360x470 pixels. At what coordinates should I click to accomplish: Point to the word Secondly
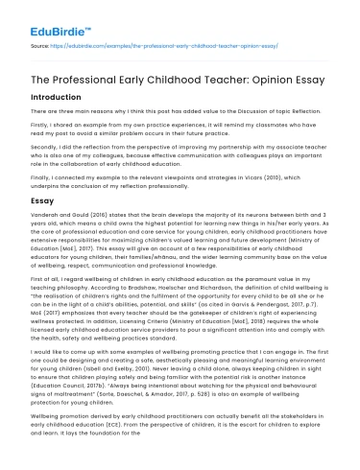[46, 158]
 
